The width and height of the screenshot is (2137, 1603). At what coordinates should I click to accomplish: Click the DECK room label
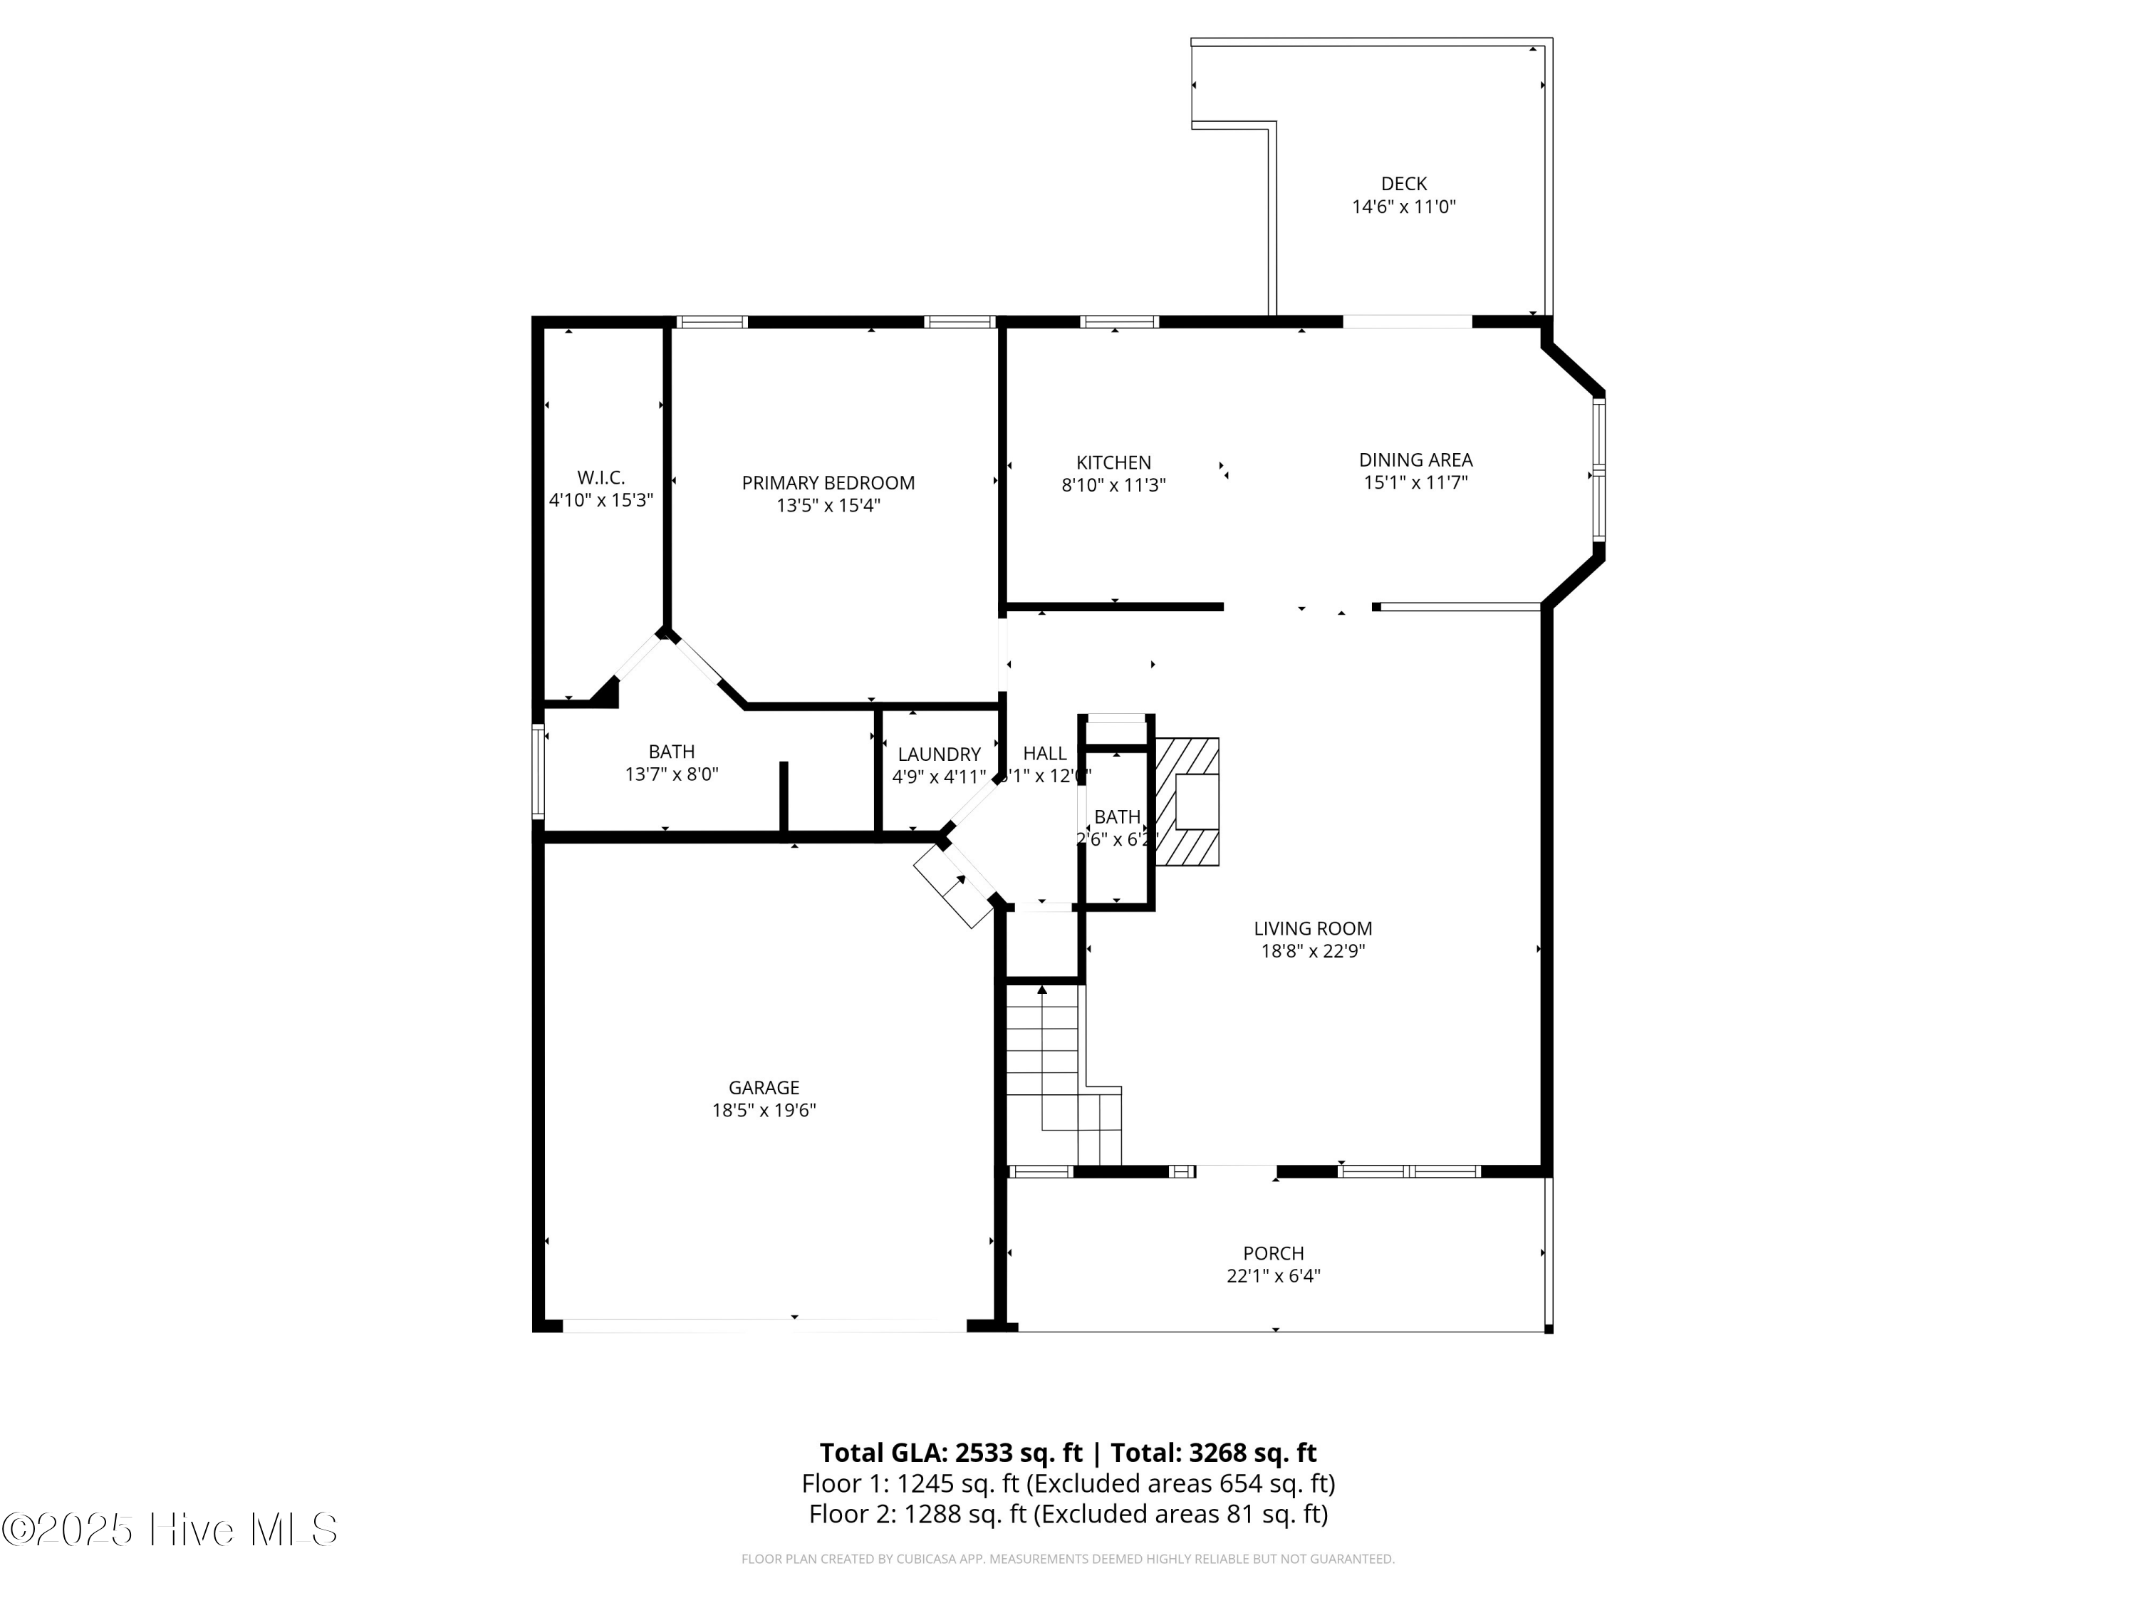tap(1403, 184)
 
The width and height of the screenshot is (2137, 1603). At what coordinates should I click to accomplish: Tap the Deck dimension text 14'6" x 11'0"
tap(1403, 207)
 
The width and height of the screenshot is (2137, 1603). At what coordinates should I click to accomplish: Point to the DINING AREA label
tap(1415, 460)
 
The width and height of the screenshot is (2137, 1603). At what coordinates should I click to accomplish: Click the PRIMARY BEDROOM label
tap(828, 483)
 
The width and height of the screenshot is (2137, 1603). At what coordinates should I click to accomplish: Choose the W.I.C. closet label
tap(601, 477)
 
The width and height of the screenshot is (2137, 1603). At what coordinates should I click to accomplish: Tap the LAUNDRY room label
tap(938, 754)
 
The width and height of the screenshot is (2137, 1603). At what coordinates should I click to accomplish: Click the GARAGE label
tap(763, 1088)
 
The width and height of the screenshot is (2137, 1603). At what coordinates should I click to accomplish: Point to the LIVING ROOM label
tap(1312, 928)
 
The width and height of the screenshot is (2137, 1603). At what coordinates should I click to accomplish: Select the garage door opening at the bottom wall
tap(763, 1326)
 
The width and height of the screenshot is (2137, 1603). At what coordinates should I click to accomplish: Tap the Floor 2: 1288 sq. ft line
tap(1068, 1514)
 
